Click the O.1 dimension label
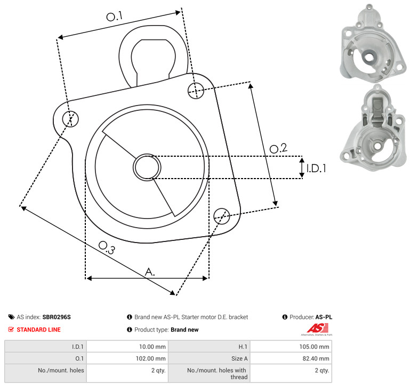coord(114,16)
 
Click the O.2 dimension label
coord(278,148)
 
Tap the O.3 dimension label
coord(107,248)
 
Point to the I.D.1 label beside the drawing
coord(316,168)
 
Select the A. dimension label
coord(150,272)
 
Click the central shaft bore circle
coord(147,167)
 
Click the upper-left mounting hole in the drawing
coord(70,119)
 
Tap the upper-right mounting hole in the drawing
coord(196,91)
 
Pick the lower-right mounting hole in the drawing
coord(222,216)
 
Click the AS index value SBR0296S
coord(57,317)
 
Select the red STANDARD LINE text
coord(39,329)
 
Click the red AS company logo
coord(317,329)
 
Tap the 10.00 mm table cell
coord(127,346)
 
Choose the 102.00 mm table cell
coord(127,358)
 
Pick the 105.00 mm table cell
coord(291,346)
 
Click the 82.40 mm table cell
coord(291,358)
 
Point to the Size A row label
coord(239,359)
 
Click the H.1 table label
coord(243,346)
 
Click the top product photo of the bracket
coord(373,43)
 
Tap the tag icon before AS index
coord(11,317)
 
